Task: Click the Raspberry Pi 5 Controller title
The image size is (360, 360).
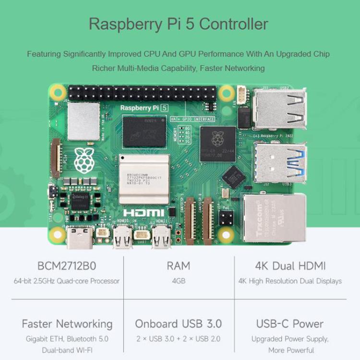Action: click(x=179, y=24)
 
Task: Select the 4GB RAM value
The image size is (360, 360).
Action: click(x=179, y=281)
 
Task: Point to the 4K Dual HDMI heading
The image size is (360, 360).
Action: click(x=290, y=265)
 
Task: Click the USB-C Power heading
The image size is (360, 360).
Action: click(x=290, y=324)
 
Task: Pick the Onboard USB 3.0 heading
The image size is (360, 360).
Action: click(x=179, y=324)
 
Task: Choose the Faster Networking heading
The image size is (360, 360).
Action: click(x=67, y=324)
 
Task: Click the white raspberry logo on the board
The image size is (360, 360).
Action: click(x=84, y=160)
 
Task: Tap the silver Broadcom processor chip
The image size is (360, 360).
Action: click(x=144, y=179)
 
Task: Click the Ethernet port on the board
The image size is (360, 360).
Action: click(x=275, y=217)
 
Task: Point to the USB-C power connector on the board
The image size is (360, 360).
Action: click(x=79, y=238)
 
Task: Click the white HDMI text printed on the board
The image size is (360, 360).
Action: click(x=144, y=213)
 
